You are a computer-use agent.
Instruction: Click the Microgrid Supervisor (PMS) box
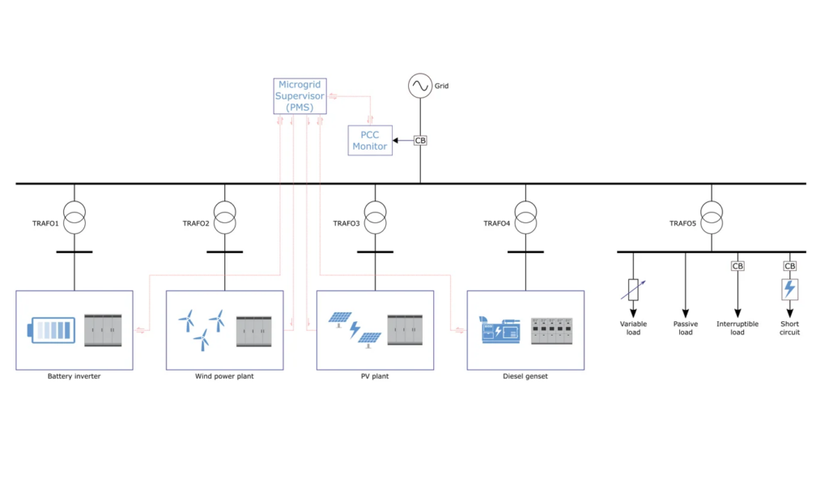pos(301,95)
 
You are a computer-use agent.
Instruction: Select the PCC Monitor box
pos(370,141)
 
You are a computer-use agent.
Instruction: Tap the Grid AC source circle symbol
pos(420,86)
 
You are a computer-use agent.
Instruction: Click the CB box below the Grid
pos(420,141)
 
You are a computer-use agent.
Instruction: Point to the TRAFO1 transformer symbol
pos(74,218)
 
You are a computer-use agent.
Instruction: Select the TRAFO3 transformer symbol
pos(375,218)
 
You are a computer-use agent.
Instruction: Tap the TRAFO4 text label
pos(496,223)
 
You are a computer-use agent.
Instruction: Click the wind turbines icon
pos(200,328)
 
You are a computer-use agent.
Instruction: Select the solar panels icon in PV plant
pos(355,329)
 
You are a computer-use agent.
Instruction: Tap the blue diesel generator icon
pos(500,330)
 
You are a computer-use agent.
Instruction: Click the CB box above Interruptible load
pos(738,266)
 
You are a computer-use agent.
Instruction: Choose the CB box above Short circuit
pos(790,266)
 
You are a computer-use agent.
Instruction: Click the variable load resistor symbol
pos(633,290)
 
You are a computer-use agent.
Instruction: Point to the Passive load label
pos(686,328)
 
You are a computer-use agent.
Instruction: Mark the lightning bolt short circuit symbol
pos(790,289)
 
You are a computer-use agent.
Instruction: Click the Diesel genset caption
pos(525,376)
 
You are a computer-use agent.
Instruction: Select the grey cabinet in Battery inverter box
pos(103,329)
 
